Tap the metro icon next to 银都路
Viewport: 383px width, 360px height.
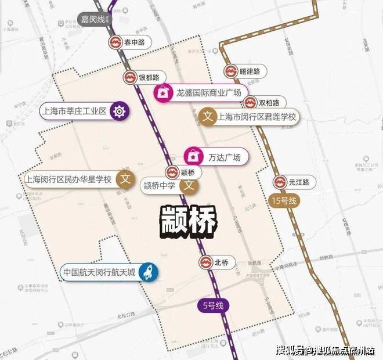click(131, 77)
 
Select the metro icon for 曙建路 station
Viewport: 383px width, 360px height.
click(230, 71)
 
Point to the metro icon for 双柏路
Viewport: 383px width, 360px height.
click(250, 103)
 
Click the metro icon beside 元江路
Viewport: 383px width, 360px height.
click(281, 182)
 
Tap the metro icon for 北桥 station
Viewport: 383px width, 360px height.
click(205, 262)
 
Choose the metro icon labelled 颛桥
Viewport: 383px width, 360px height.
click(172, 172)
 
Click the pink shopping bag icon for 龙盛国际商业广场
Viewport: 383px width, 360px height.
click(162, 92)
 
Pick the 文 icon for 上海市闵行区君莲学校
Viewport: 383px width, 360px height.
click(208, 117)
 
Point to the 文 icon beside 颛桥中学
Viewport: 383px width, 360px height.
click(188, 186)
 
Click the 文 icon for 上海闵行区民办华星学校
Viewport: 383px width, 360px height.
click(122, 179)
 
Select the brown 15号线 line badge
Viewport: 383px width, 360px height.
click(284, 201)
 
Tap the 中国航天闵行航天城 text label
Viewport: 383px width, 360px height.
click(102, 272)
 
